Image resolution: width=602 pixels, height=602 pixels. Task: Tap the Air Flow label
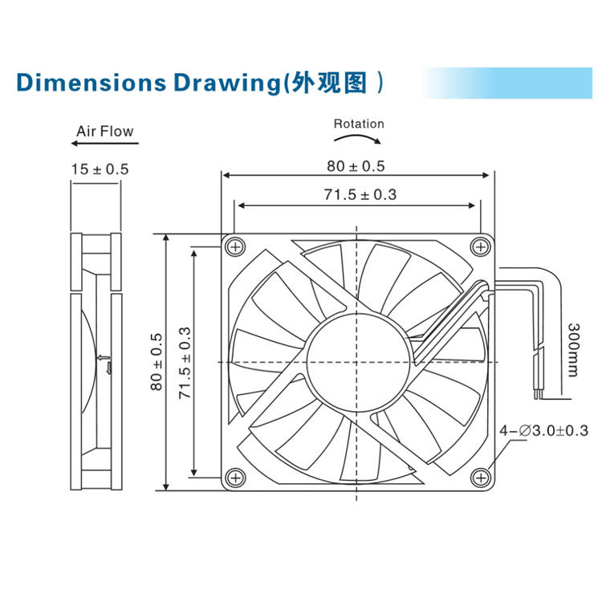[104, 131]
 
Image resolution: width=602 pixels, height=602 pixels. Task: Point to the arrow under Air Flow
[104, 144]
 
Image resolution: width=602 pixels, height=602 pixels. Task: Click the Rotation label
[359, 124]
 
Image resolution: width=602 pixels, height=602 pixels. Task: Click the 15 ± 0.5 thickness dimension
[100, 169]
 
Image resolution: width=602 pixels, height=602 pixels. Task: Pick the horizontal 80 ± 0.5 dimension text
[356, 166]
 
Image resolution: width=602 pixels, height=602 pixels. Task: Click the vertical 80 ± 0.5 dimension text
[156, 362]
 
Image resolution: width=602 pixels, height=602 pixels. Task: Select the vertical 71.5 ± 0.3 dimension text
[184, 363]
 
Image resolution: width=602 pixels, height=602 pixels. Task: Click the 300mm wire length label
[572, 349]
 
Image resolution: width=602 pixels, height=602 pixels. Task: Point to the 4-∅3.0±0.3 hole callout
[544, 431]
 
